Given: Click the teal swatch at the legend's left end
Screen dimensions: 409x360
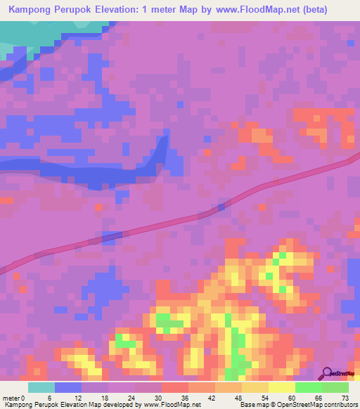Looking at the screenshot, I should [x=41, y=387].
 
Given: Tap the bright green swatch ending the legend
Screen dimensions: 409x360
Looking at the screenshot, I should [x=335, y=387].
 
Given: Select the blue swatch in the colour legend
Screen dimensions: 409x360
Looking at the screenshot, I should [x=68, y=387].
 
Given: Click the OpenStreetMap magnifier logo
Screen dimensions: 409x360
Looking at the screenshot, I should [x=327, y=373].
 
